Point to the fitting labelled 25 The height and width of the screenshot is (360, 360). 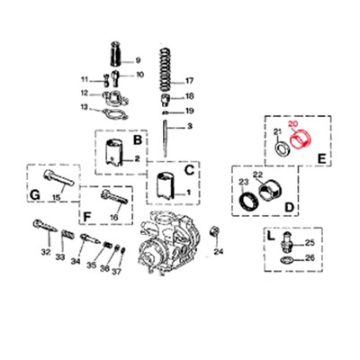(286, 243)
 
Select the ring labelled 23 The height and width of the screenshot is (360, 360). (247, 195)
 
